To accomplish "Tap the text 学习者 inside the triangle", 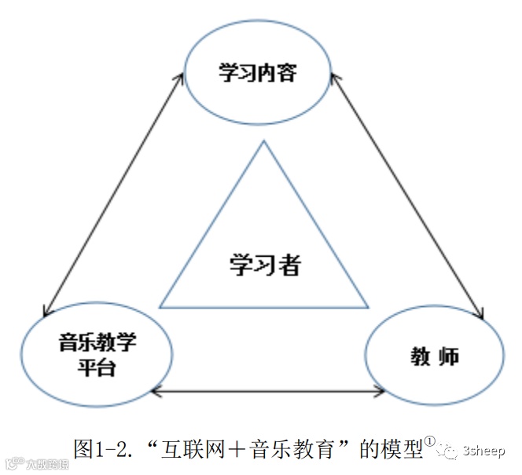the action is [x=265, y=265].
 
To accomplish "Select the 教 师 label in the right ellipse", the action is [x=434, y=356].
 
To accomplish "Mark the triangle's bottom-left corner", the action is [x=160, y=307].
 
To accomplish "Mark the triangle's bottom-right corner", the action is [x=368, y=307].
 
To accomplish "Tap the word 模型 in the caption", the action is [x=402, y=449].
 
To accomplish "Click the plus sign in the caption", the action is [x=239, y=449].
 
